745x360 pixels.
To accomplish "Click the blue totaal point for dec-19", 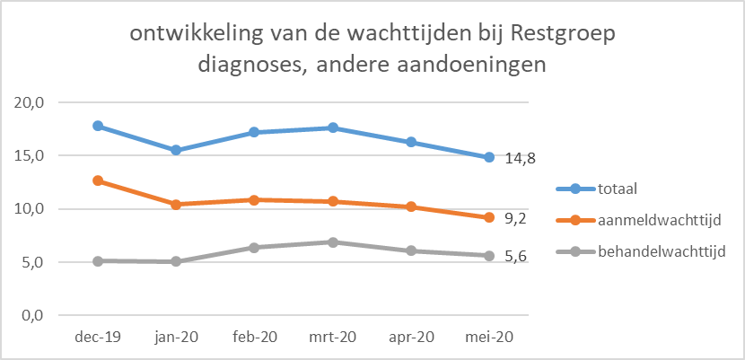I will tap(97, 126).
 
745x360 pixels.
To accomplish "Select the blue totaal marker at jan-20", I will tap(176, 150).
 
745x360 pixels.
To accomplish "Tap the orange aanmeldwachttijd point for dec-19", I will tap(97, 180).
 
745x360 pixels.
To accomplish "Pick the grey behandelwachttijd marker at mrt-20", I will tap(333, 242).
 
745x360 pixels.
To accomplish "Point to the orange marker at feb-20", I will tap(254, 199).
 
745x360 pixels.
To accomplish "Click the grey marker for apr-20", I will tap(411, 250).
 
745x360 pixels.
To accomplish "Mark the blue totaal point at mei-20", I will tap(489, 157).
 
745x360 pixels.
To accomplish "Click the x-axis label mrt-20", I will tap(333, 338).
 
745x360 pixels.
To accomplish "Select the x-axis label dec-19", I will tap(97, 338).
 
